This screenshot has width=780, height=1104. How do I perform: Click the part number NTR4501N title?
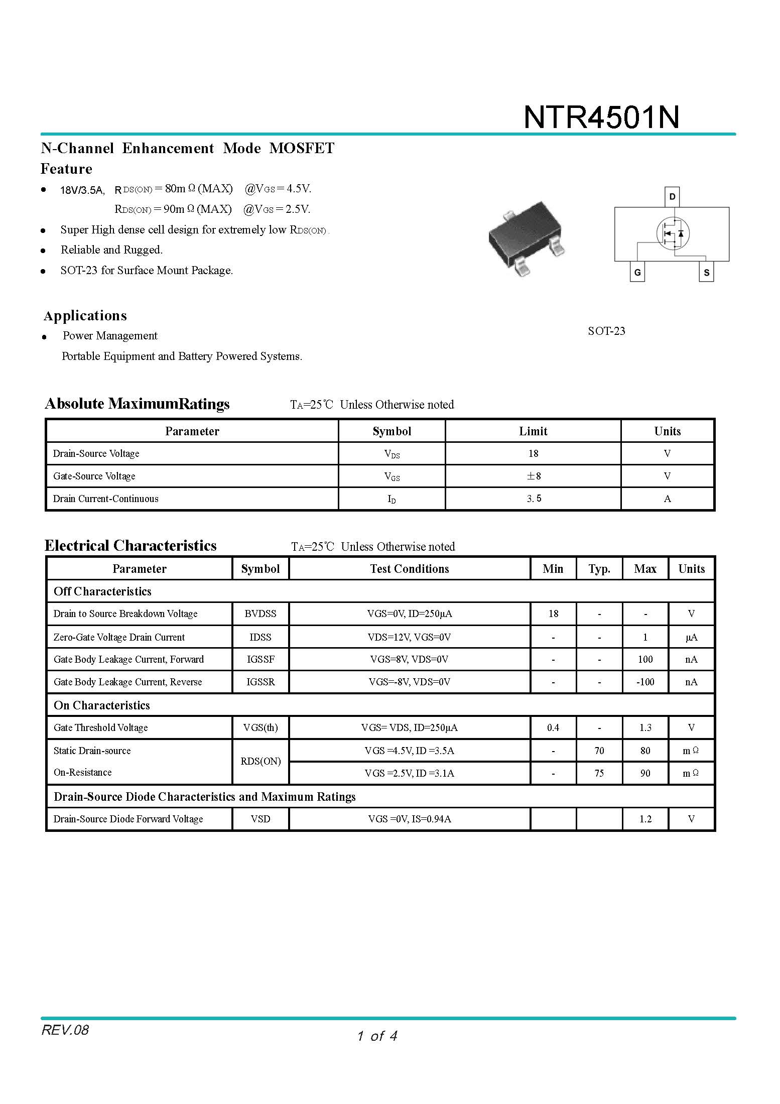[x=601, y=117]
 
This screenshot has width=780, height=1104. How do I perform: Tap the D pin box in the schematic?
[x=672, y=196]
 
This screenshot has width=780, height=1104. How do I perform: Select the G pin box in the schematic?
[x=637, y=272]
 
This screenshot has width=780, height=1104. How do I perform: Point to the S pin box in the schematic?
[x=706, y=272]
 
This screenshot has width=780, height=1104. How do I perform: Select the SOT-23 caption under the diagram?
[x=606, y=331]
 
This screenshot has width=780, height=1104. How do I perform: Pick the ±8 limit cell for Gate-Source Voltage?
[x=533, y=476]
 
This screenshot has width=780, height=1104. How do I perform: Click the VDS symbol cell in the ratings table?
[x=392, y=454]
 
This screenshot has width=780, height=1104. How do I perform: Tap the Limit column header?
[x=533, y=431]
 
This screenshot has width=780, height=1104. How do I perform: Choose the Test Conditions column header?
[x=409, y=569]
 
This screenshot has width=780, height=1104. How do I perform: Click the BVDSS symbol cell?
[x=260, y=614]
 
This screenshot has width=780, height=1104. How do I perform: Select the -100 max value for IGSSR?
[x=645, y=682]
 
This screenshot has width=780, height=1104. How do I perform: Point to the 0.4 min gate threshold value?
[x=553, y=727]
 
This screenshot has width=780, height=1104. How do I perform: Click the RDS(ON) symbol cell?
[x=260, y=761]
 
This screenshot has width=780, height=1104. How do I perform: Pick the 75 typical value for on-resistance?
[x=599, y=773]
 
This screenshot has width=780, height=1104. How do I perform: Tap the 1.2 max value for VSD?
[x=645, y=819]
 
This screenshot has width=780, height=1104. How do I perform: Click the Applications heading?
[x=85, y=316]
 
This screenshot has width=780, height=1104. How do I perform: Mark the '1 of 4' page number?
[x=377, y=1036]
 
